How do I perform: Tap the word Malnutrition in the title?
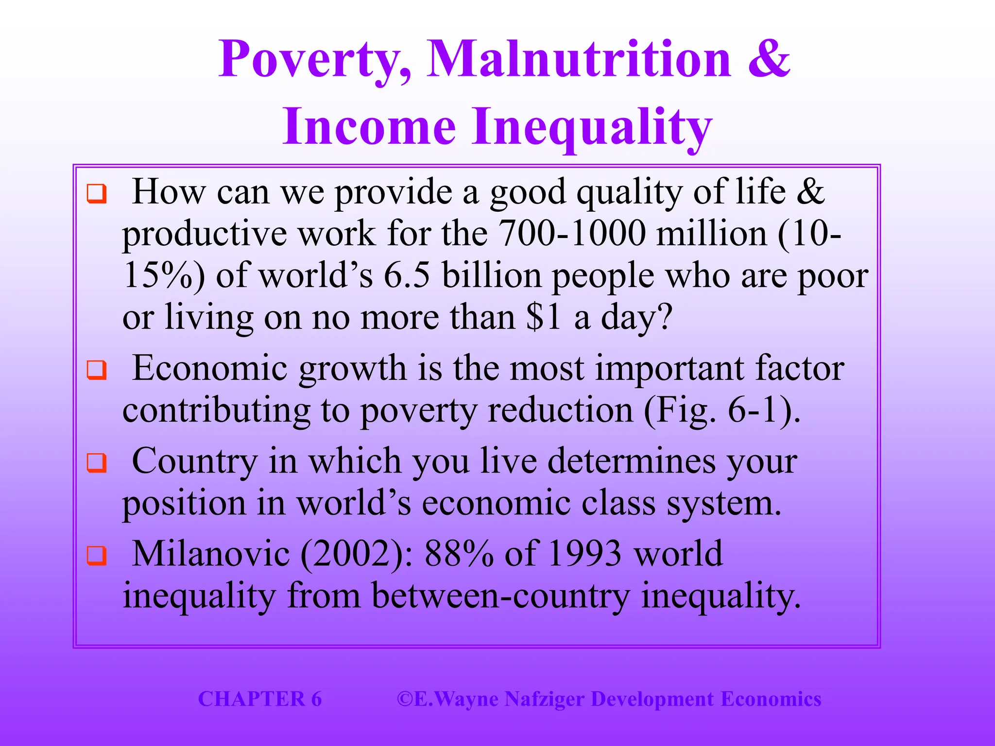tap(578, 59)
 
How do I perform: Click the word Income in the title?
tap(369, 127)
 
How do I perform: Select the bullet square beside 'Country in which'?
tap(96, 462)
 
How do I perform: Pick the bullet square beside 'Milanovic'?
tap(96, 556)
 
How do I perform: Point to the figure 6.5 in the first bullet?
tap(407, 275)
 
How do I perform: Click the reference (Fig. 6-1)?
tap(722, 411)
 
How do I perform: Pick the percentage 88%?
tap(459, 554)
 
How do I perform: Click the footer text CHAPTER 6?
tap(260, 699)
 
